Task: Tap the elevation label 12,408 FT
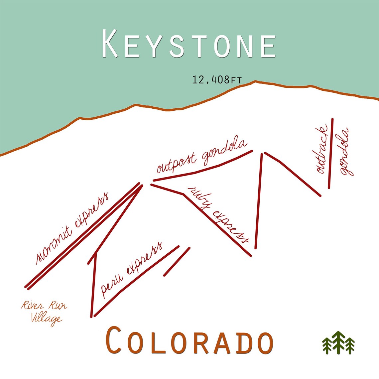[x=216, y=80]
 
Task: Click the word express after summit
[x=91, y=210]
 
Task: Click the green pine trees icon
[x=338, y=342]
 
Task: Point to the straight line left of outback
[x=330, y=153]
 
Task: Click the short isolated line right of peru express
[x=177, y=261]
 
